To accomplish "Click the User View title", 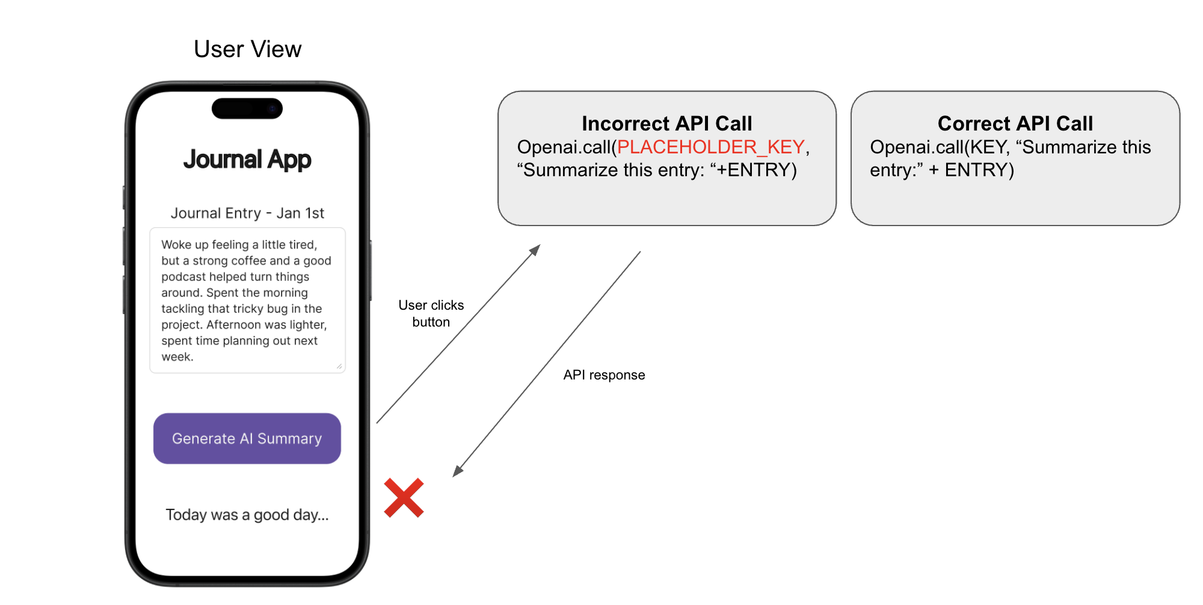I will tap(247, 49).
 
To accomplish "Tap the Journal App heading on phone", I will tap(247, 160).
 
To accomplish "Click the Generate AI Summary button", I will tap(247, 438).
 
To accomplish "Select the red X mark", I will tap(404, 498).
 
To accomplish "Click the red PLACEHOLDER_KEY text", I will tap(710, 147).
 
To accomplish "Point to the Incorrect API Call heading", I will tap(666, 123).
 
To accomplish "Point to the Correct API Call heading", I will tap(1015, 123).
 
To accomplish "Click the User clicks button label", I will tap(431, 313).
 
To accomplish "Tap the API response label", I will tap(604, 375).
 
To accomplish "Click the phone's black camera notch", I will tap(247, 109).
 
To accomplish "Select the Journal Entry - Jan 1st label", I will tap(247, 213).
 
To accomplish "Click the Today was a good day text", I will tap(247, 515).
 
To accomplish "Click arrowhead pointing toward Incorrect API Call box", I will tap(535, 250).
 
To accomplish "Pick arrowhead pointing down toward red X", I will tap(458, 471).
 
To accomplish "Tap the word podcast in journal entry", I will tap(183, 277).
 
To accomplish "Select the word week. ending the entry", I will tap(177, 357).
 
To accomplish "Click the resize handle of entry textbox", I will tap(339, 366).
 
